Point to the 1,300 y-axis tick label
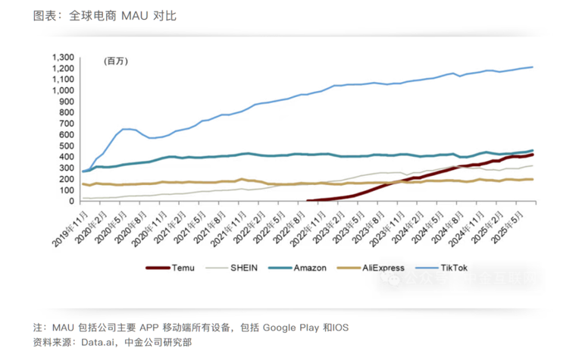click(63, 57)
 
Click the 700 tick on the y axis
click(67, 124)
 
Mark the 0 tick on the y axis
click(73, 202)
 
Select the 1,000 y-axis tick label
click(63, 90)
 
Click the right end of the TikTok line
click(533, 67)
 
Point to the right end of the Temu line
click(533, 154)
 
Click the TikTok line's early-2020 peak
click(126, 129)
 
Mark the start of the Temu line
click(308, 201)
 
